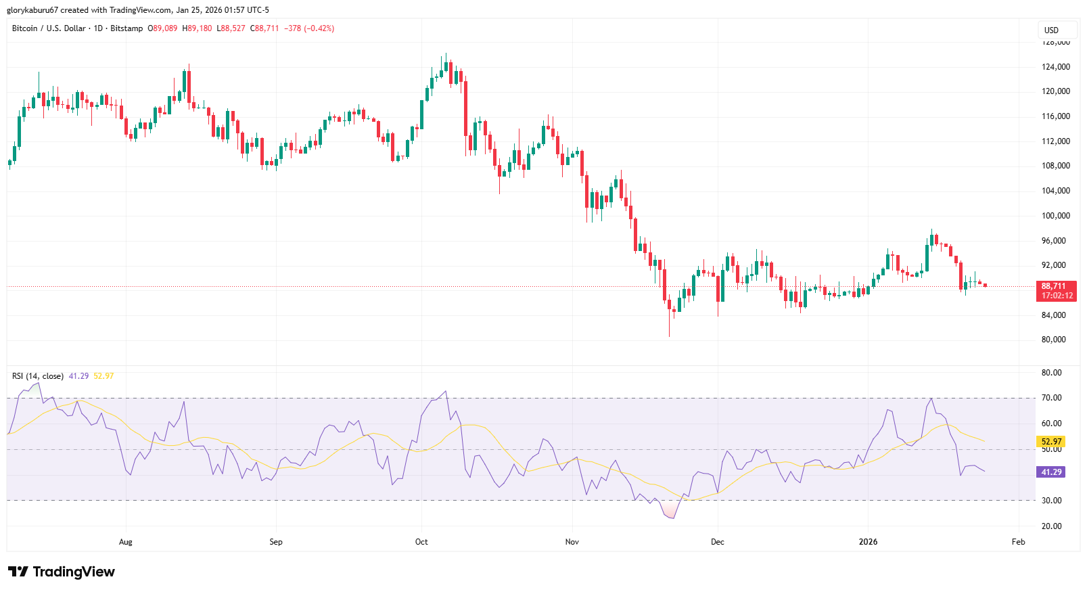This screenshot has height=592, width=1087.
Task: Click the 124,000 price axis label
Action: (1055, 67)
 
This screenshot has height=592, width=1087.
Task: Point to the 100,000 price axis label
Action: (1055, 216)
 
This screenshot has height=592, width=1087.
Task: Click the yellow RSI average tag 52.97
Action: (1051, 442)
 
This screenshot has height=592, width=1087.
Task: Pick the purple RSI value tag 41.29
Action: (1051, 472)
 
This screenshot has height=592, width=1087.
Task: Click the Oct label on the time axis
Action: (421, 542)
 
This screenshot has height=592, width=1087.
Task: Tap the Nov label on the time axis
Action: (572, 542)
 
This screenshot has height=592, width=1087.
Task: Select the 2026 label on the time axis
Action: (868, 542)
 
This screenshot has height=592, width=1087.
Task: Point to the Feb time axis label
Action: (1018, 542)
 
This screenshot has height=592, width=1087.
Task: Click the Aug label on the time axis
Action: (125, 542)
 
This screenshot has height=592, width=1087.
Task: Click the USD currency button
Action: (1051, 30)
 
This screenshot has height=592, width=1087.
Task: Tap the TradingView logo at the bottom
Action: (62, 572)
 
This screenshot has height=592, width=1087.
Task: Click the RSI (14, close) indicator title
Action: (38, 376)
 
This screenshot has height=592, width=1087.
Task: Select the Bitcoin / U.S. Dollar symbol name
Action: (49, 28)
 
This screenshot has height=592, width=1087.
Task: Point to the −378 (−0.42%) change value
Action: (309, 28)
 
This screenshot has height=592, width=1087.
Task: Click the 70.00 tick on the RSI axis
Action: (1051, 398)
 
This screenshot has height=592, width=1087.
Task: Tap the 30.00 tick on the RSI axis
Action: (1051, 501)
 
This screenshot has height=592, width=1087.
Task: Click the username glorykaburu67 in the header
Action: (32, 10)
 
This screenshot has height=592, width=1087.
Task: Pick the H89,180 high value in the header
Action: (197, 28)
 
